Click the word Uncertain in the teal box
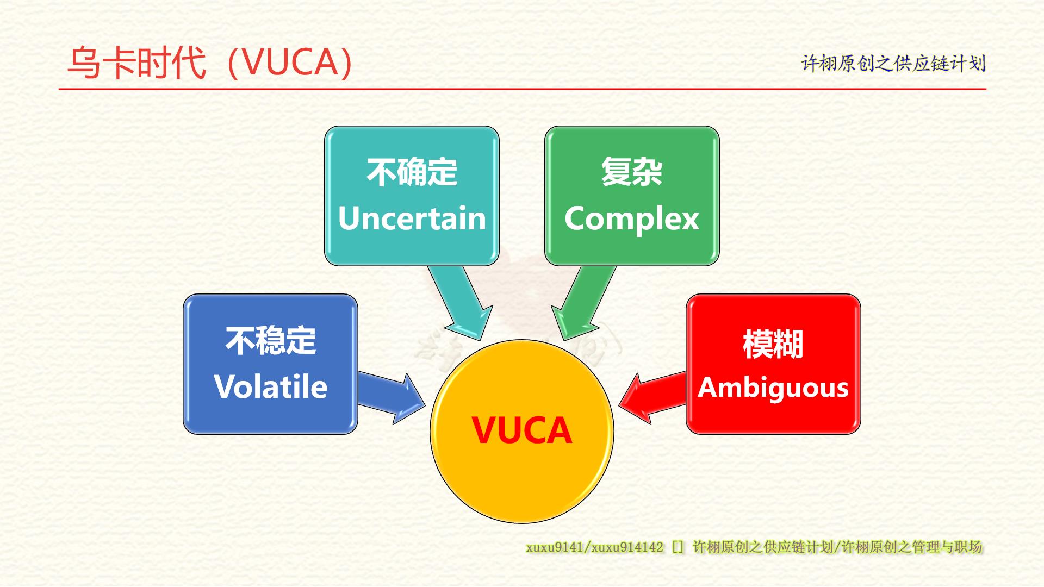point(412,218)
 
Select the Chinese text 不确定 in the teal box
point(412,172)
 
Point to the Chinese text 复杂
point(632,172)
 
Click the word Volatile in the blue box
point(270,386)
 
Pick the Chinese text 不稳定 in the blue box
point(270,340)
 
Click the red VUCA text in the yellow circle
point(521,430)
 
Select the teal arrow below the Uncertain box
point(461,302)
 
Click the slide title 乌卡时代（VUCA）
point(210,63)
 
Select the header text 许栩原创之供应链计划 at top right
point(893,64)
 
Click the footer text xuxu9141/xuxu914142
point(594,547)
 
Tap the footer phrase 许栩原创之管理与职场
point(912,547)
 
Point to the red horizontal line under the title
point(522,89)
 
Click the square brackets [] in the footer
point(678,547)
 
